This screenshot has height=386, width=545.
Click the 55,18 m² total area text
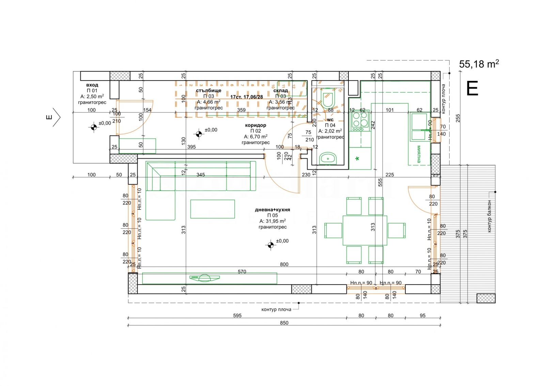click(x=479, y=64)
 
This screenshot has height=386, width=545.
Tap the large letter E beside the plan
click(x=472, y=89)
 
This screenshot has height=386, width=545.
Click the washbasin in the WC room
click(x=328, y=158)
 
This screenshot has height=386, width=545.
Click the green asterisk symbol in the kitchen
click(x=357, y=159)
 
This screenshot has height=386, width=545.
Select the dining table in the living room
click(x=365, y=230)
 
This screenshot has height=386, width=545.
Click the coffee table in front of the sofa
click(x=213, y=209)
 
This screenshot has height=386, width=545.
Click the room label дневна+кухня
click(x=272, y=210)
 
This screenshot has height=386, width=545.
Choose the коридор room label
click(x=255, y=125)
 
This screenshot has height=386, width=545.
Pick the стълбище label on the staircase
click(x=208, y=90)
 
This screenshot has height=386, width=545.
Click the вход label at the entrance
click(x=92, y=85)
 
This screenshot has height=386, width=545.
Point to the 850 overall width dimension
click(x=284, y=323)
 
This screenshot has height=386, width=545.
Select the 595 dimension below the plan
click(x=237, y=315)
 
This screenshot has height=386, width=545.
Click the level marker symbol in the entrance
click(x=94, y=127)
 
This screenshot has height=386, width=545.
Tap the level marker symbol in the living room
click(x=270, y=245)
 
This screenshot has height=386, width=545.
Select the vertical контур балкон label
click(x=489, y=216)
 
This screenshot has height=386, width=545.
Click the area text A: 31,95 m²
click(x=272, y=221)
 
